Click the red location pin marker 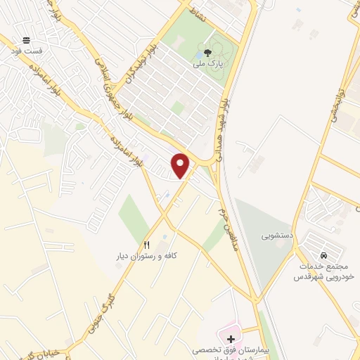tap(181, 166)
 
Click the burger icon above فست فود tap(26, 40)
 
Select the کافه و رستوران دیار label tap(146, 256)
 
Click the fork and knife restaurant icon tap(147, 245)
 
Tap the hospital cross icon tap(231, 338)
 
